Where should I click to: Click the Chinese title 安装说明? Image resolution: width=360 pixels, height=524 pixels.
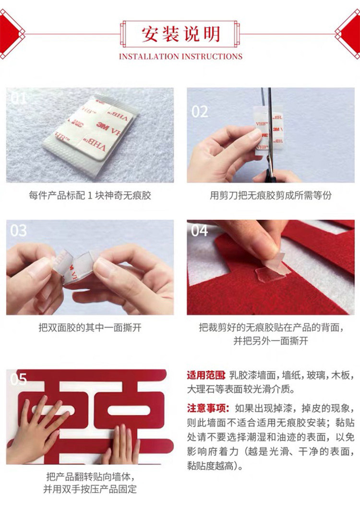[181, 34]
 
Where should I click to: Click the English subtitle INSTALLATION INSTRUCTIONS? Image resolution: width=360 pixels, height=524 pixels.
[181, 57]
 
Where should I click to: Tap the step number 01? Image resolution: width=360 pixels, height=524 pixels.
[18, 98]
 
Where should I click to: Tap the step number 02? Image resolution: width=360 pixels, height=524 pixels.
[200, 112]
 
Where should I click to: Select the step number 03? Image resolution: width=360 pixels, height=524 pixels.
[18, 231]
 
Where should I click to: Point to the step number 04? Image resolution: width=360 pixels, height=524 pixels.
[200, 231]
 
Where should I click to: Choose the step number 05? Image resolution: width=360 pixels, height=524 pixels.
[18, 379]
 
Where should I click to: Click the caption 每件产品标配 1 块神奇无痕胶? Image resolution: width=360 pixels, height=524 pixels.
[90, 195]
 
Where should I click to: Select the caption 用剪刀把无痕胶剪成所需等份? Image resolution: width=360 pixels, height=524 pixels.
[270, 195]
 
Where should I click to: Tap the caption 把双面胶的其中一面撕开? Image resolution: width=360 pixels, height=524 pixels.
[90, 327]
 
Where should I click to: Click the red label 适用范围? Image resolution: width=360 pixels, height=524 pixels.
[206, 375]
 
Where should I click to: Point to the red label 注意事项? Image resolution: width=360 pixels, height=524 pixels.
[208, 408]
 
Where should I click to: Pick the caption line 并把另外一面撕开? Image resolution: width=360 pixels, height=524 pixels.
[270, 341]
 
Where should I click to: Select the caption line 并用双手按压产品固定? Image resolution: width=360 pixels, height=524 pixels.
[90, 489]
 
